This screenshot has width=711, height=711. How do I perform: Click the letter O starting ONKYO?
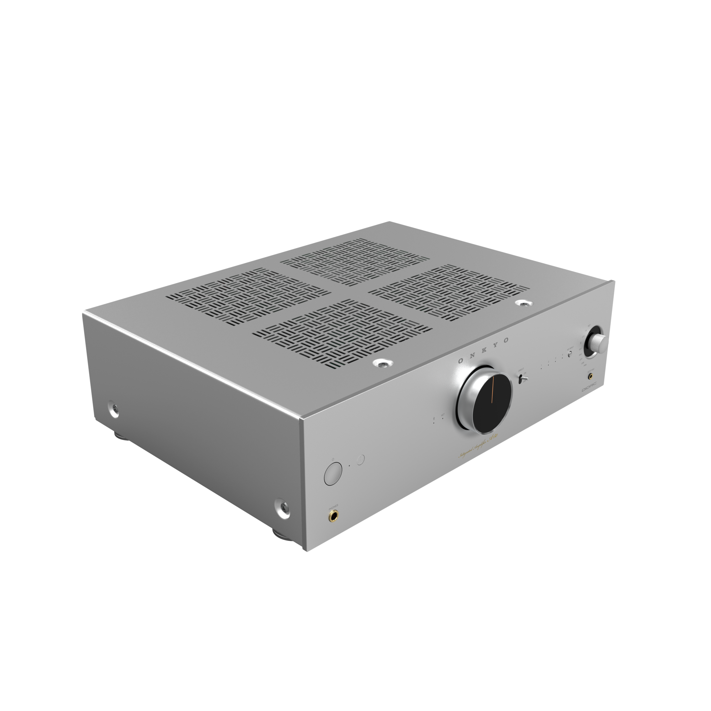pos(460,362)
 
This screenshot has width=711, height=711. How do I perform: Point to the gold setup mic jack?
pos(591,376)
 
